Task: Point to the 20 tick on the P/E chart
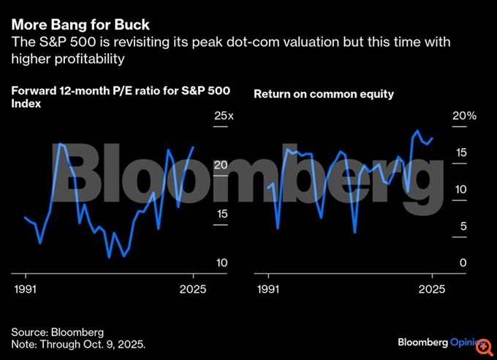tap(221, 166)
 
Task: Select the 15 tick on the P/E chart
tap(221, 214)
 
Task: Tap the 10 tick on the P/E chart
tap(221, 262)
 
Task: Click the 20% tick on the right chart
tap(464, 116)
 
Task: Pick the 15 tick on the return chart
tap(461, 153)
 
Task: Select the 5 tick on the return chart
tap(458, 226)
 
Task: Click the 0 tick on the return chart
tap(458, 263)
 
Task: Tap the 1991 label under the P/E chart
tap(26, 290)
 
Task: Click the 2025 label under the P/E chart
tap(193, 290)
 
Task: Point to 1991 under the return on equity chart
tap(269, 290)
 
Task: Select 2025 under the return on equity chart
tap(431, 290)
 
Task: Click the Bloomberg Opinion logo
tap(442, 342)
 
